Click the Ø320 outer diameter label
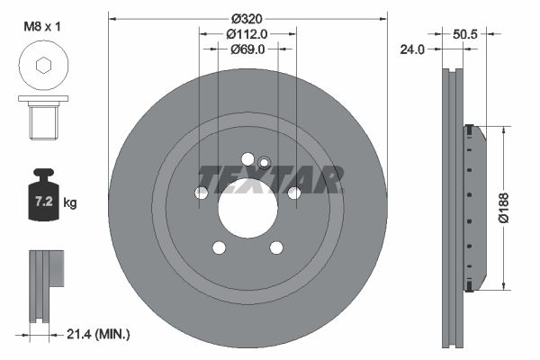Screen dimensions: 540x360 [x=247, y=19]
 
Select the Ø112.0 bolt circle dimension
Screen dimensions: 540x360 [x=247, y=34]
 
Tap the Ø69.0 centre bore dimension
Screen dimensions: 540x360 [x=247, y=49]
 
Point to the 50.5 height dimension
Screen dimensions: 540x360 [x=465, y=34]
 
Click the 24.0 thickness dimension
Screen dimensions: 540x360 [x=412, y=49]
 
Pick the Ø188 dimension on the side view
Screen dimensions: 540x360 [x=504, y=208]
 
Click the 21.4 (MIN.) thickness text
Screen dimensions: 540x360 [x=98, y=334]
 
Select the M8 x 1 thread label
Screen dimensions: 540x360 [x=42, y=26]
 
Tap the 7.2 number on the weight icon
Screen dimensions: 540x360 [x=44, y=202]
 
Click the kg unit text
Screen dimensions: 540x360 [x=70, y=202]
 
